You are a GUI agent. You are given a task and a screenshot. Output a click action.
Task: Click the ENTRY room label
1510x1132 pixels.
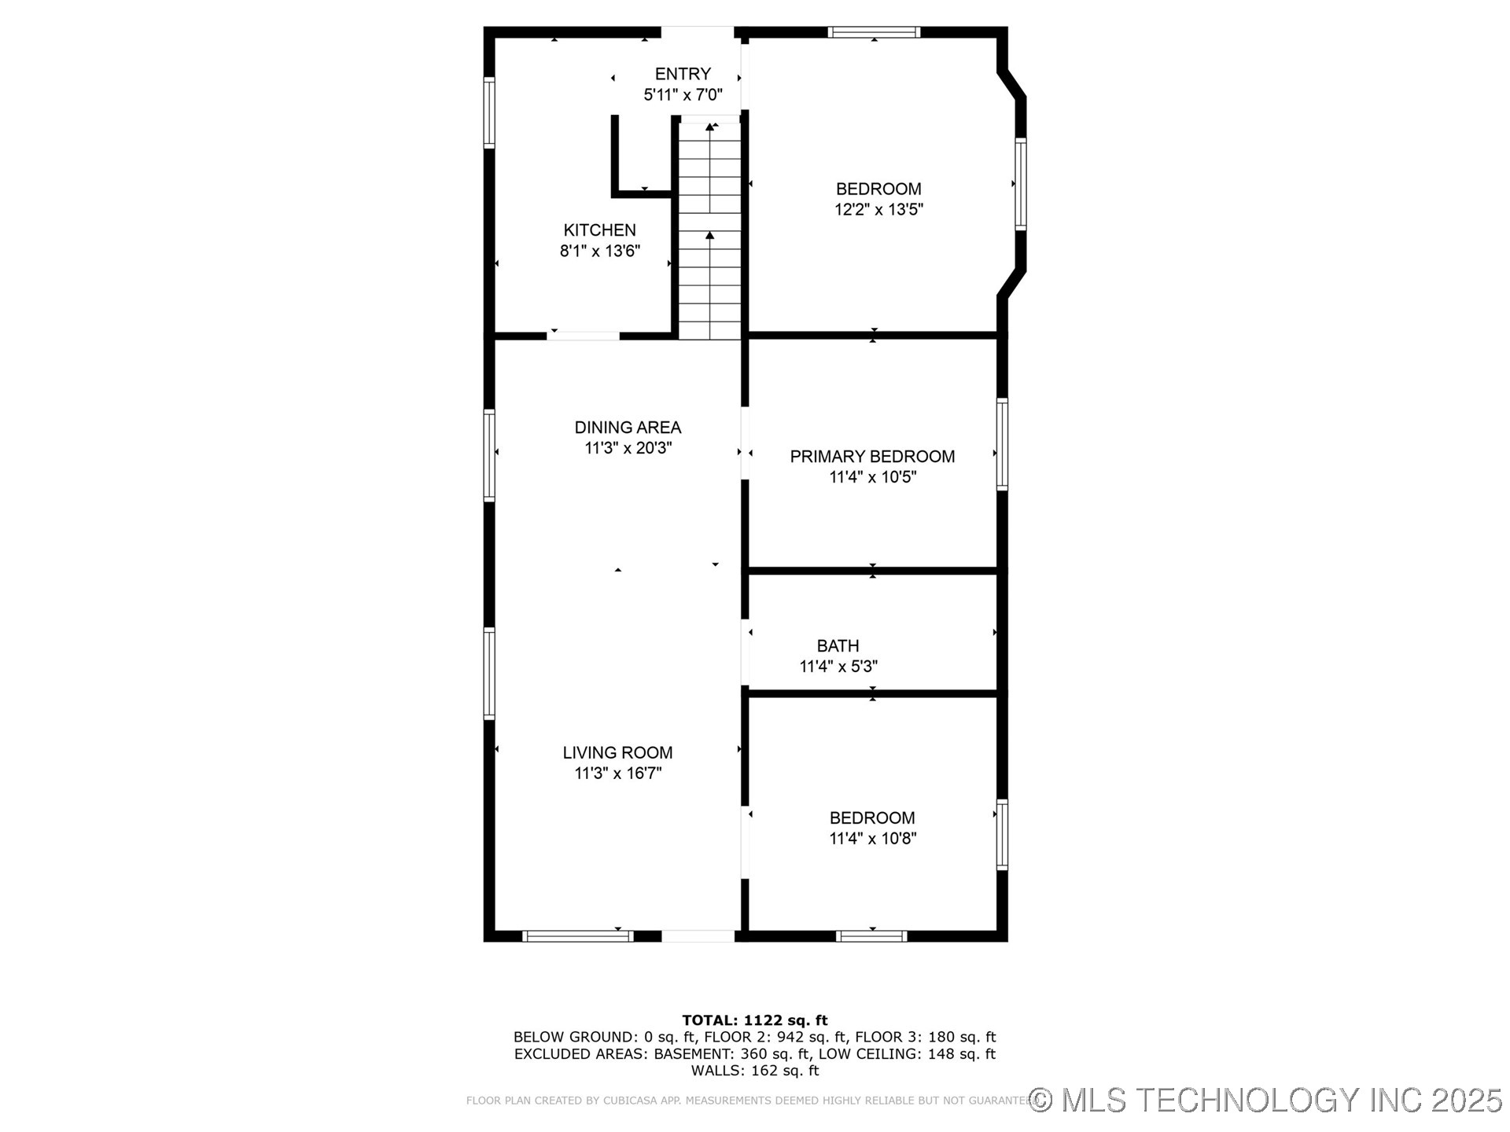click(683, 74)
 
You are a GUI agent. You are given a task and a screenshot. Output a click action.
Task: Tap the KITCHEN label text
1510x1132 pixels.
click(599, 230)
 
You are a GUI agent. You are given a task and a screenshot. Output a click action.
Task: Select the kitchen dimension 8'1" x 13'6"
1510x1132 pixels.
click(599, 252)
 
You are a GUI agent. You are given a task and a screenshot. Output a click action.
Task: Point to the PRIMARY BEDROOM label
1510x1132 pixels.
click(872, 457)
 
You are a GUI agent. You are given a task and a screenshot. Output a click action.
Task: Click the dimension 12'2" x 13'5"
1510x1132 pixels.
click(878, 210)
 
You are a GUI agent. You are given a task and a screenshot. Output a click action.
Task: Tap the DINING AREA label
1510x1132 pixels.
click(628, 428)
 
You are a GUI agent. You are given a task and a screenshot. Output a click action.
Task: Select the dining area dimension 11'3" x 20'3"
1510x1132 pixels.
click(628, 448)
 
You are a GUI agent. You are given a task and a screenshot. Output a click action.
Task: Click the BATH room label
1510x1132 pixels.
click(838, 646)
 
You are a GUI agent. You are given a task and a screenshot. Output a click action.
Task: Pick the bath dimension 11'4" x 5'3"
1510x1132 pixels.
click(838, 667)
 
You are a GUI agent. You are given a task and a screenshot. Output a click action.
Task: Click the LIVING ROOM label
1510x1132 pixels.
click(617, 752)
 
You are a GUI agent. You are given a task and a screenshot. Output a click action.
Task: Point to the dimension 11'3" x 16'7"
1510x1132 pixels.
click(617, 774)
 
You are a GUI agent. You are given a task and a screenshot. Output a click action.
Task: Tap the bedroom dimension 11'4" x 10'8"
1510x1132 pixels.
click(872, 839)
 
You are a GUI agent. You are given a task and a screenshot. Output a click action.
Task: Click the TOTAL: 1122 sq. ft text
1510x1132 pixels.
click(754, 1020)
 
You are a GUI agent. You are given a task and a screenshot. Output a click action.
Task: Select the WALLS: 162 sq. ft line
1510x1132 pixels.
click(754, 1071)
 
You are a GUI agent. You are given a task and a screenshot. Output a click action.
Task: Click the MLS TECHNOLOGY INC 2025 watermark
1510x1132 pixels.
click(1266, 1100)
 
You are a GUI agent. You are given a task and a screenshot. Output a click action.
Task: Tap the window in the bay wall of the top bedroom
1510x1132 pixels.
click(1020, 184)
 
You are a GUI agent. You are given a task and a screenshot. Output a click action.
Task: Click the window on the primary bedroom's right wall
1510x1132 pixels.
click(1002, 445)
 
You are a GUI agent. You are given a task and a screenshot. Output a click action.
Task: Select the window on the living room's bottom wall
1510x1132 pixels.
click(577, 935)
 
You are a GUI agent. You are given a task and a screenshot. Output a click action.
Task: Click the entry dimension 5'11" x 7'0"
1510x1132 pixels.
click(683, 95)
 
